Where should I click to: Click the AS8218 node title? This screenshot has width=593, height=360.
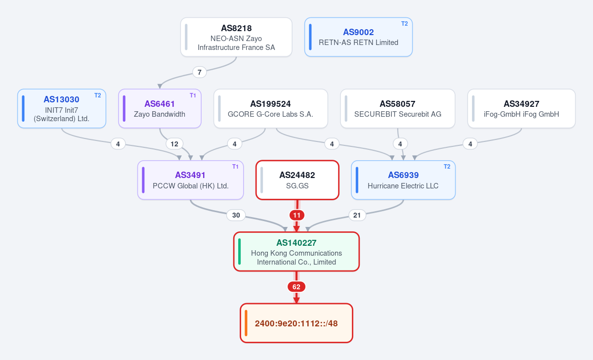pos(236,28)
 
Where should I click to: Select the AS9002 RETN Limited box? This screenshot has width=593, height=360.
pos(358,37)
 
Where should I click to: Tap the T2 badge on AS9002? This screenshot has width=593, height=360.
pos(404,24)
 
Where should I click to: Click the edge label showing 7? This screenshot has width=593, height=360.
pos(199,72)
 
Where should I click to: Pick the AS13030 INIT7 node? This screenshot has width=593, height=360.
pos(62,109)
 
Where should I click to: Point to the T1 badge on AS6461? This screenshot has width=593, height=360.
pos(193,95)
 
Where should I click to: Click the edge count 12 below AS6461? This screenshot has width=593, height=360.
pos(174,144)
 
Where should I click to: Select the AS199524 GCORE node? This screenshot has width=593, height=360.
pos(271,109)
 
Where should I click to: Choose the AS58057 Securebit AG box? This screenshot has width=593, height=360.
pos(398,109)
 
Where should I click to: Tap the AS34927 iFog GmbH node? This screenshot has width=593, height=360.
pos(521,109)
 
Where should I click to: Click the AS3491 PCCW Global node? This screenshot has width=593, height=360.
pos(190,180)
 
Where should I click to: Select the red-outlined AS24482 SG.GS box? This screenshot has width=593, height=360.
pos(297,180)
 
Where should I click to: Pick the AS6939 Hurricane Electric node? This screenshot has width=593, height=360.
pos(403,180)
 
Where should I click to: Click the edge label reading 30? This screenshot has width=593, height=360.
pos(236,215)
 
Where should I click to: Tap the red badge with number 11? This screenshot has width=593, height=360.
pos(297,215)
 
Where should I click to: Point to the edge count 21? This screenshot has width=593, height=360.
pos(357,215)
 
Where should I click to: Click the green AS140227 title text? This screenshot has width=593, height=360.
pos(296,243)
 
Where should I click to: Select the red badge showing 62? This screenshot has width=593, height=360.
pos(296,287)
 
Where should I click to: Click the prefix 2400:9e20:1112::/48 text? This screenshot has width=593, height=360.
pos(296,323)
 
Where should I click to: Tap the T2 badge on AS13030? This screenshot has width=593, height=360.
pos(98,95)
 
